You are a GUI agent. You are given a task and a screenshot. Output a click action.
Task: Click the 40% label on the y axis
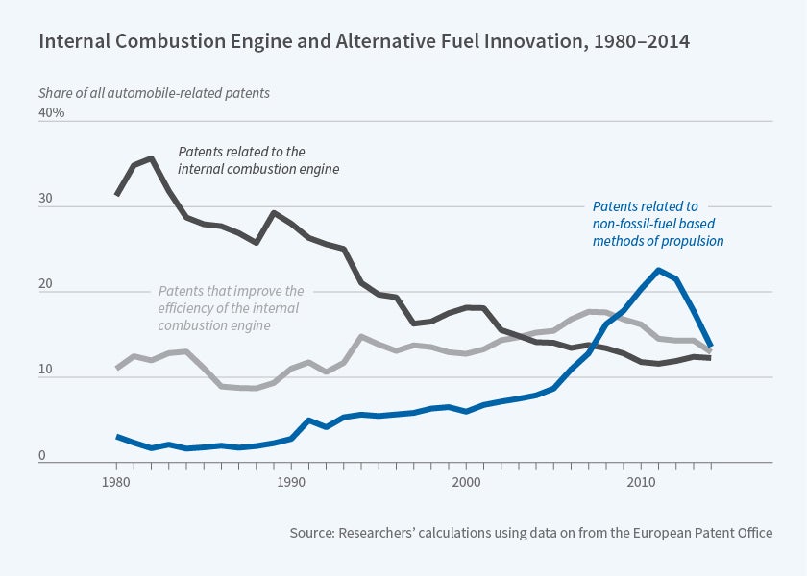51,112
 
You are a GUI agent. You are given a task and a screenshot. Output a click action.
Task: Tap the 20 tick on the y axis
46,290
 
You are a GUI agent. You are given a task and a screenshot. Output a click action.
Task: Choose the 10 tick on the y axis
46,375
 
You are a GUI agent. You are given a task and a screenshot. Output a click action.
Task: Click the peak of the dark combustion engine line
151,158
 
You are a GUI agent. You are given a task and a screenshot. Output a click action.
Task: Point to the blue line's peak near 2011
658,270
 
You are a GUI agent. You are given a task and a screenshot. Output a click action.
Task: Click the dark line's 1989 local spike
274,213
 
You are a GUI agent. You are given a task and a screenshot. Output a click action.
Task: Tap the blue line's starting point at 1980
116,437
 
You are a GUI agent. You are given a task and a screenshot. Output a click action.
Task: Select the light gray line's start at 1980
116,368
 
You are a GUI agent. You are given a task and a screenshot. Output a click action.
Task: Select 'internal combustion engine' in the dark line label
259,169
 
